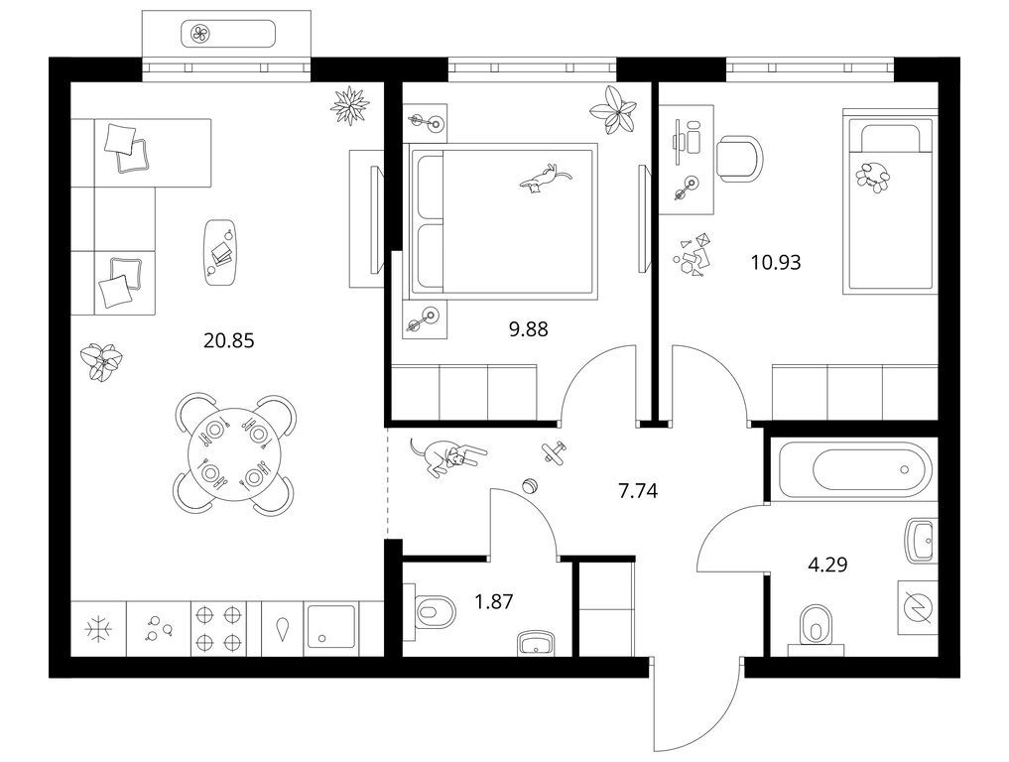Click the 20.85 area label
coord(228,339)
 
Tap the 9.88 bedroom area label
coord(528,329)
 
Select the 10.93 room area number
coord(776,263)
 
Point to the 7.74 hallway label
coord(638,492)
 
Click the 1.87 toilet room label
coord(493,601)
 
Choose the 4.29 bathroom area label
coord(827,566)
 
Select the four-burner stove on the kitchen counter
coord(219,629)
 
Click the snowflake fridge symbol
coord(98,629)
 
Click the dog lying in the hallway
coord(447,455)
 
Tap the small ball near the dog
coord(531,486)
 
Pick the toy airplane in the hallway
coord(554,451)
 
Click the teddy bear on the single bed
coord(872,175)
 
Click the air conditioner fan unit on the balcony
coord(228,34)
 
